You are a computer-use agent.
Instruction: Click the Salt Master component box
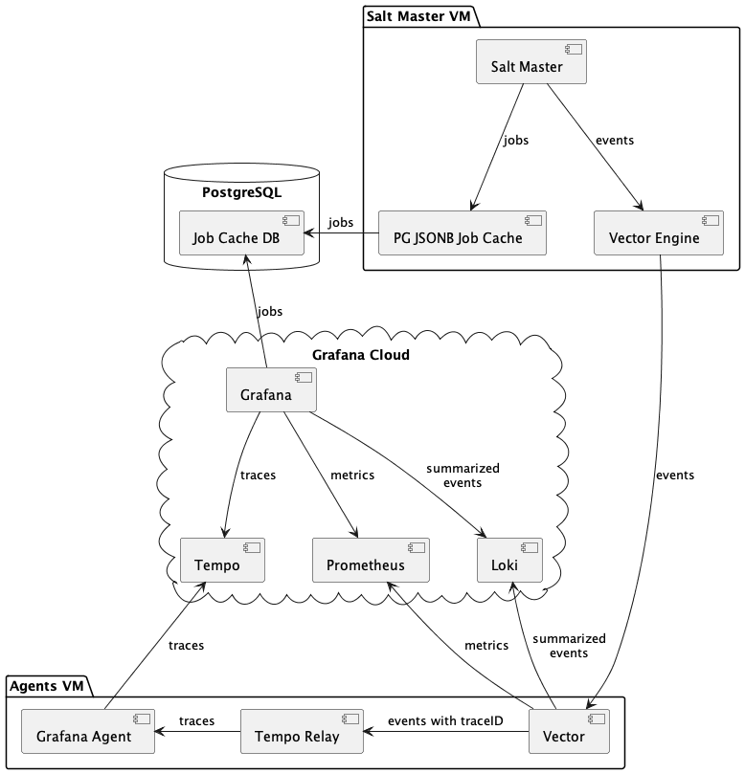click(531, 61)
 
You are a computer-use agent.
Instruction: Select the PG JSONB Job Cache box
click(463, 233)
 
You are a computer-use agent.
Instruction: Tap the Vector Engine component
click(659, 233)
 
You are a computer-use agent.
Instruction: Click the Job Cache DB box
click(241, 233)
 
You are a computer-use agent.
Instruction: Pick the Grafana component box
click(271, 389)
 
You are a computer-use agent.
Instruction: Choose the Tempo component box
click(222, 560)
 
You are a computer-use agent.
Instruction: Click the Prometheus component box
click(371, 560)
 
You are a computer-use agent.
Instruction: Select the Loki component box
click(509, 560)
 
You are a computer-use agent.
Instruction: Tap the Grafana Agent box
click(88, 731)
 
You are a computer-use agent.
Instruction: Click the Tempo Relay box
click(302, 731)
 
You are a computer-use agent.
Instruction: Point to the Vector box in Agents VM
click(569, 731)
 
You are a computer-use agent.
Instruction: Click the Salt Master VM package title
click(418, 16)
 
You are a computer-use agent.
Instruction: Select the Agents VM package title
click(46, 686)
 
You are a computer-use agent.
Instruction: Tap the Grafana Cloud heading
click(361, 355)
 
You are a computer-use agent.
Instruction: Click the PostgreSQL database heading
click(241, 192)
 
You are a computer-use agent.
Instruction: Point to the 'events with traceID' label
click(445, 720)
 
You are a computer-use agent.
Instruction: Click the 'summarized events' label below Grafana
click(463, 475)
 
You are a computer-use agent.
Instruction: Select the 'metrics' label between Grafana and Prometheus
click(352, 475)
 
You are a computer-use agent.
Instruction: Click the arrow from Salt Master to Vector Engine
click(595, 147)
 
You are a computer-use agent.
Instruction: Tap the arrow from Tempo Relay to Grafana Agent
click(197, 731)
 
